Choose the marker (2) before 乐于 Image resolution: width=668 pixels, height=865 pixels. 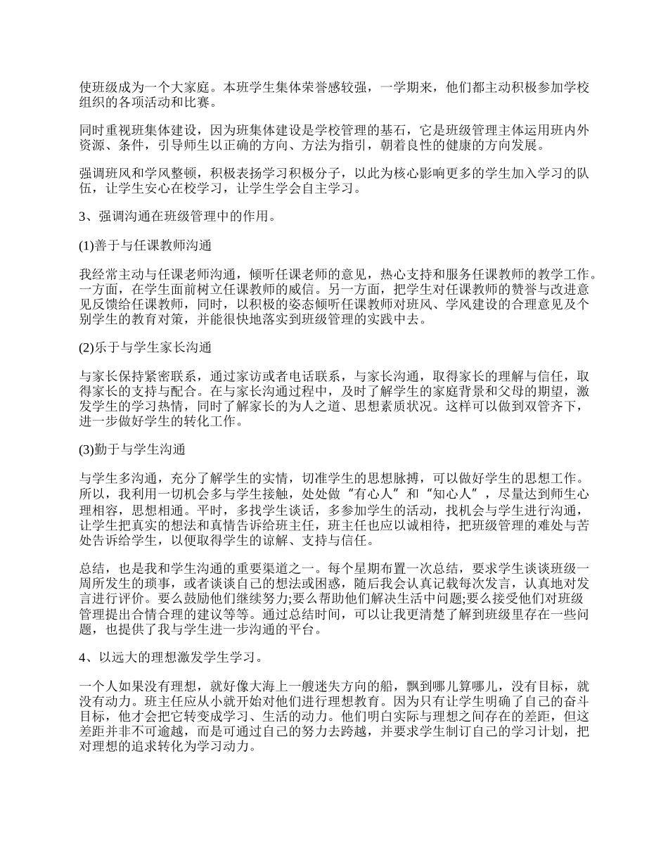click(x=86, y=349)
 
